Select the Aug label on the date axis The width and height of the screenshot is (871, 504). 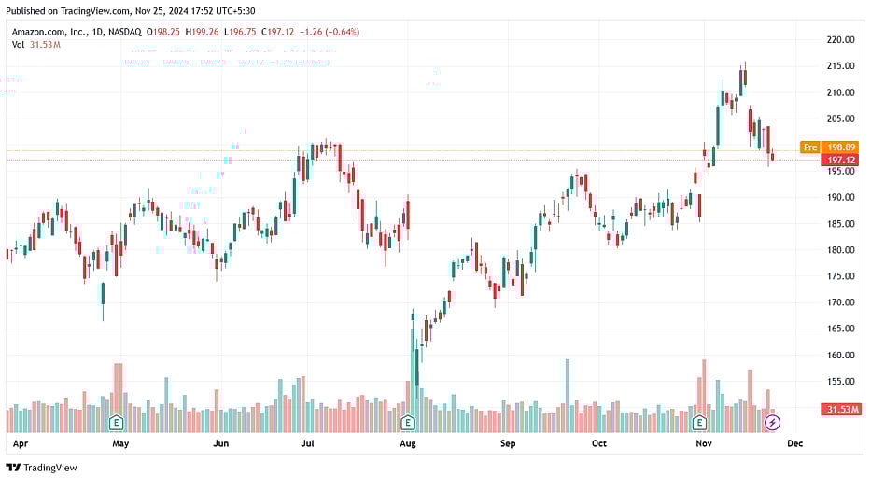click(407, 444)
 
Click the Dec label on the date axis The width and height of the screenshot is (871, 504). click(795, 444)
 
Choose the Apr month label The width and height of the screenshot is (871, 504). click(20, 444)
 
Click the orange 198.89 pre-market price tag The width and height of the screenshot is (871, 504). click(841, 147)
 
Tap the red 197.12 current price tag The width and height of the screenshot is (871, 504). click(841, 161)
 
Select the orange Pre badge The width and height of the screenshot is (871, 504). click(809, 147)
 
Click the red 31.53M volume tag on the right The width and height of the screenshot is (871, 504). click(840, 410)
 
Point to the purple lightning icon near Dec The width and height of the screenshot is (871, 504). click(772, 423)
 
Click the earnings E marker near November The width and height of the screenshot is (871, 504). click(700, 423)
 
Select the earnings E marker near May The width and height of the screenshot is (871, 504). click(117, 423)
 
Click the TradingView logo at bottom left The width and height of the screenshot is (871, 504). click(42, 468)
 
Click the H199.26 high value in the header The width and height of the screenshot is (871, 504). click(202, 32)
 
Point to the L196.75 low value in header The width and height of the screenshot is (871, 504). click(241, 32)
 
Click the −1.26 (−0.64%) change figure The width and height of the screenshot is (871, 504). click(328, 32)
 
